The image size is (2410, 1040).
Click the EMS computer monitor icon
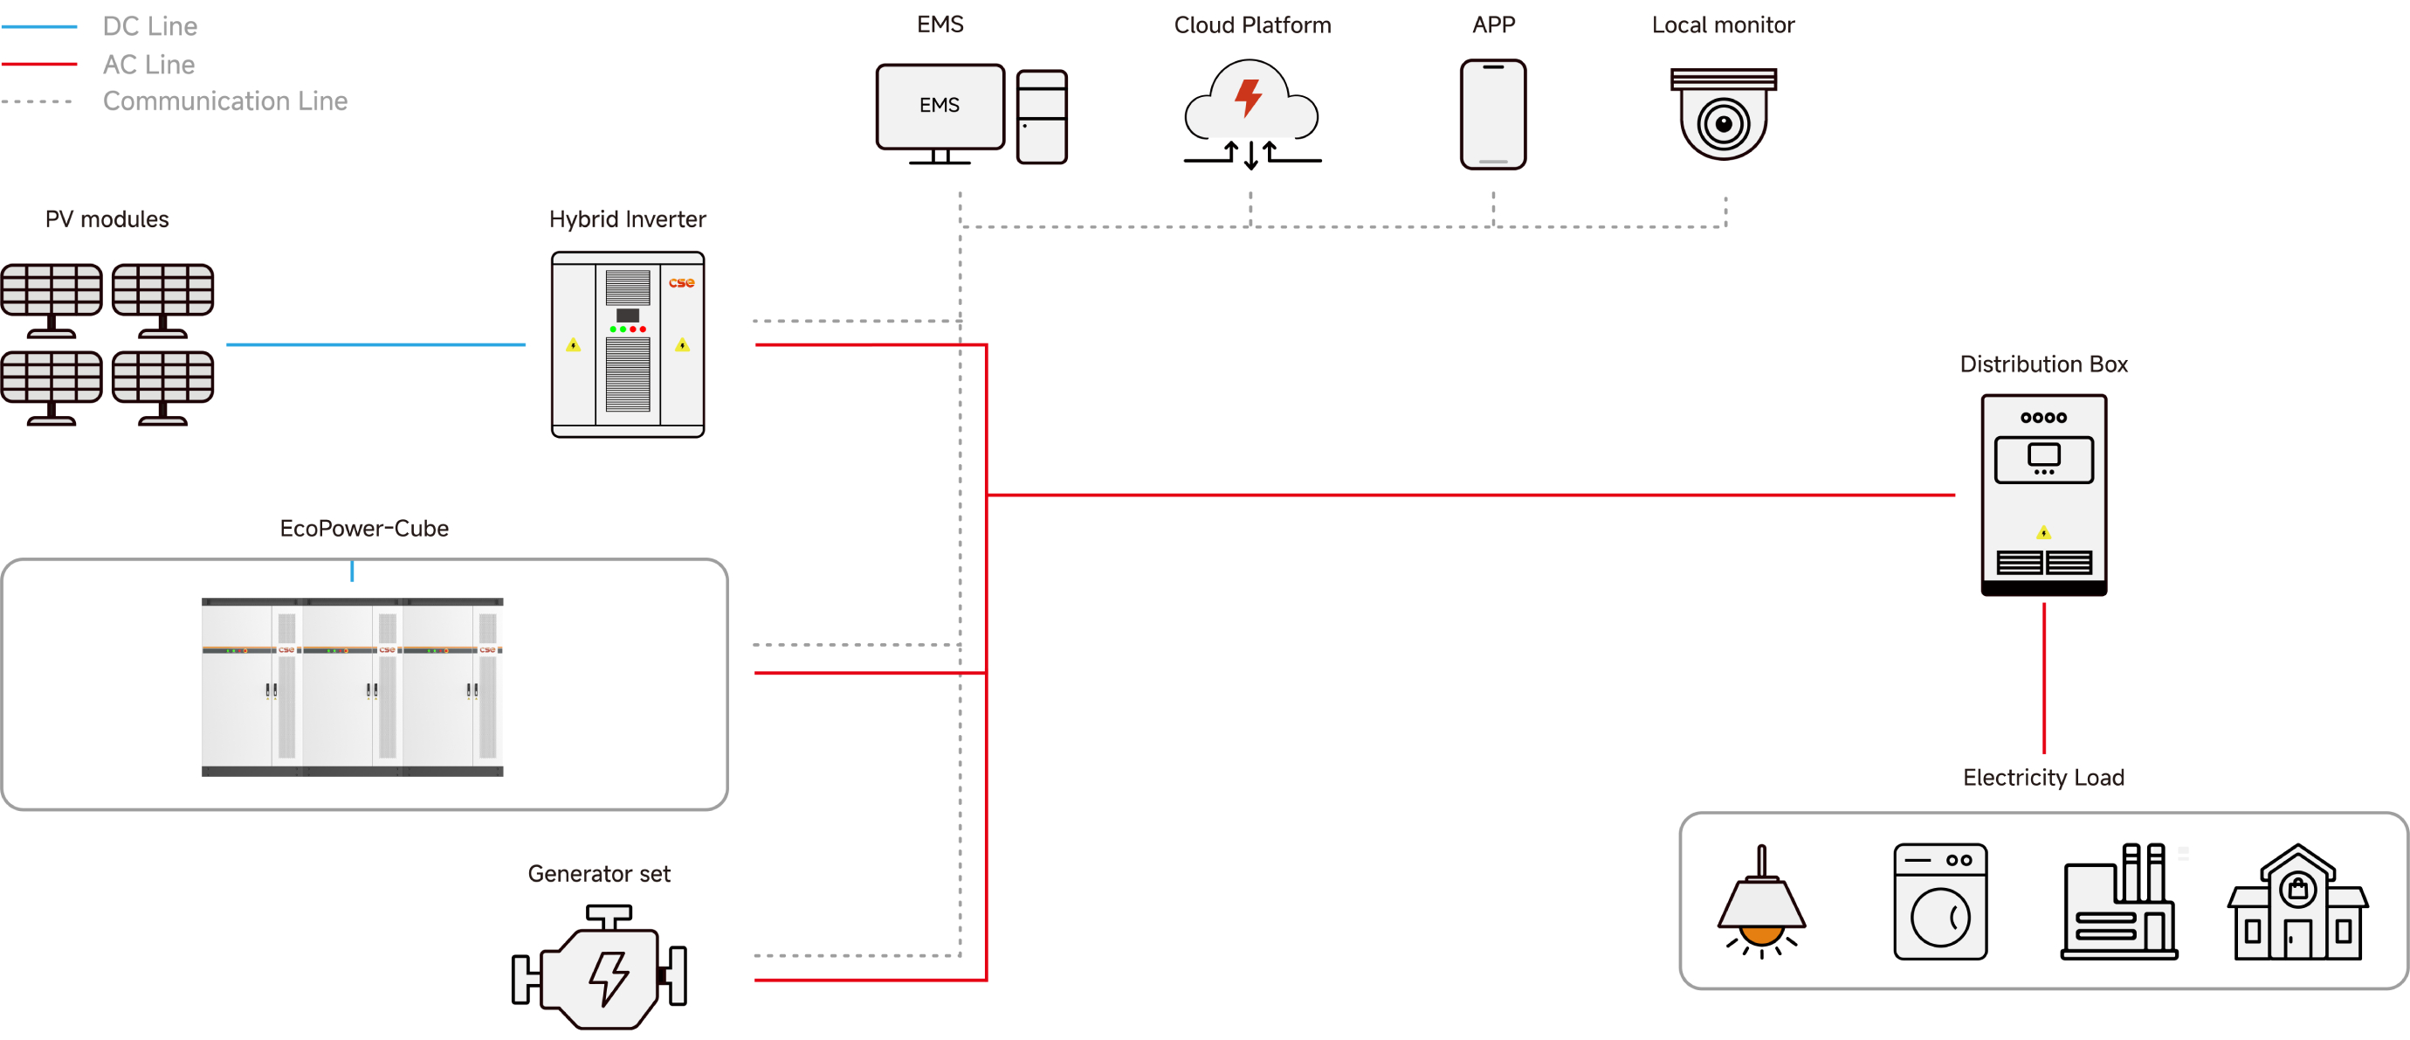(x=940, y=107)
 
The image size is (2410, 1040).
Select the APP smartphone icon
(x=1493, y=114)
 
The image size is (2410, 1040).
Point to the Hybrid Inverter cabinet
(x=628, y=344)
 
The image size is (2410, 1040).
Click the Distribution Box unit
(x=2043, y=495)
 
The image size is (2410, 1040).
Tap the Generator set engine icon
(x=600, y=969)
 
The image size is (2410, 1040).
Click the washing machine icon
(x=1940, y=901)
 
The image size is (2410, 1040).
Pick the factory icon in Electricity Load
(x=2119, y=904)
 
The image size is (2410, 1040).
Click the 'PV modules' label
(x=107, y=219)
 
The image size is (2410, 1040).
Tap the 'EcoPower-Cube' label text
(x=364, y=528)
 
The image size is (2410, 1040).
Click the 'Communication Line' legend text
(x=224, y=101)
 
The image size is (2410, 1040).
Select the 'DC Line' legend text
(x=149, y=26)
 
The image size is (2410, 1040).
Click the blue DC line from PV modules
(x=375, y=344)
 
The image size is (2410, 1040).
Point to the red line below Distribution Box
(x=2043, y=679)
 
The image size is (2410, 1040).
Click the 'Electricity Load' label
(x=2043, y=777)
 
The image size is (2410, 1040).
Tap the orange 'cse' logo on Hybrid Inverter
(x=681, y=282)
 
